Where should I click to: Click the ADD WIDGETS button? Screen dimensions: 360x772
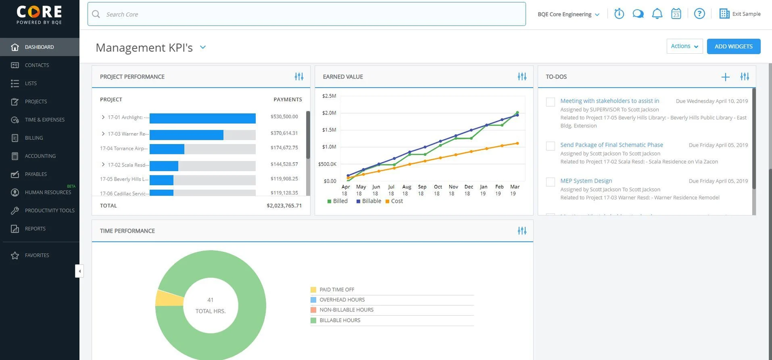(733, 46)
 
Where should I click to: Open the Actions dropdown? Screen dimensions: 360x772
(684, 46)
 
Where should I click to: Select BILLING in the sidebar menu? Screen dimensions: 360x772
(34, 138)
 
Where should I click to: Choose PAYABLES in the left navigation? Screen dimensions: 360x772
(35, 174)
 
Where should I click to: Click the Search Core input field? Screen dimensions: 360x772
(306, 14)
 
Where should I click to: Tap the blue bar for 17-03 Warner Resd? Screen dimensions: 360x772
(186, 135)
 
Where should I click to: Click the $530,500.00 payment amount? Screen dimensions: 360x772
(284, 117)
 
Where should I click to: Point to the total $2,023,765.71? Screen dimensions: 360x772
(284, 206)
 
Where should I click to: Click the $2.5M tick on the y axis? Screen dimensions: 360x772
(329, 96)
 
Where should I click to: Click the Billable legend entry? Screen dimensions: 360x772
(369, 201)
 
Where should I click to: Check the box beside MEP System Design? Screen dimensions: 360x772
(550, 182)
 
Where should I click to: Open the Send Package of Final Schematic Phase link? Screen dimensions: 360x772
(611, 145)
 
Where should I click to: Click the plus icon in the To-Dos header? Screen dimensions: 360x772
(725, 77)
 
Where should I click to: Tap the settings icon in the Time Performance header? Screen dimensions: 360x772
(522, 231)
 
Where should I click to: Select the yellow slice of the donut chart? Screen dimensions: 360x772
(168, 298)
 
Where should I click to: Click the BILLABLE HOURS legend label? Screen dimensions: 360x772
(340, 320)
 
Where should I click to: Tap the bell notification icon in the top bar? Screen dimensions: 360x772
(657, 14)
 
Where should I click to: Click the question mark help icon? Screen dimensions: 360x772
(699, 14)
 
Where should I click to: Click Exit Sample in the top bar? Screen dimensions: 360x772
(740, 14)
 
